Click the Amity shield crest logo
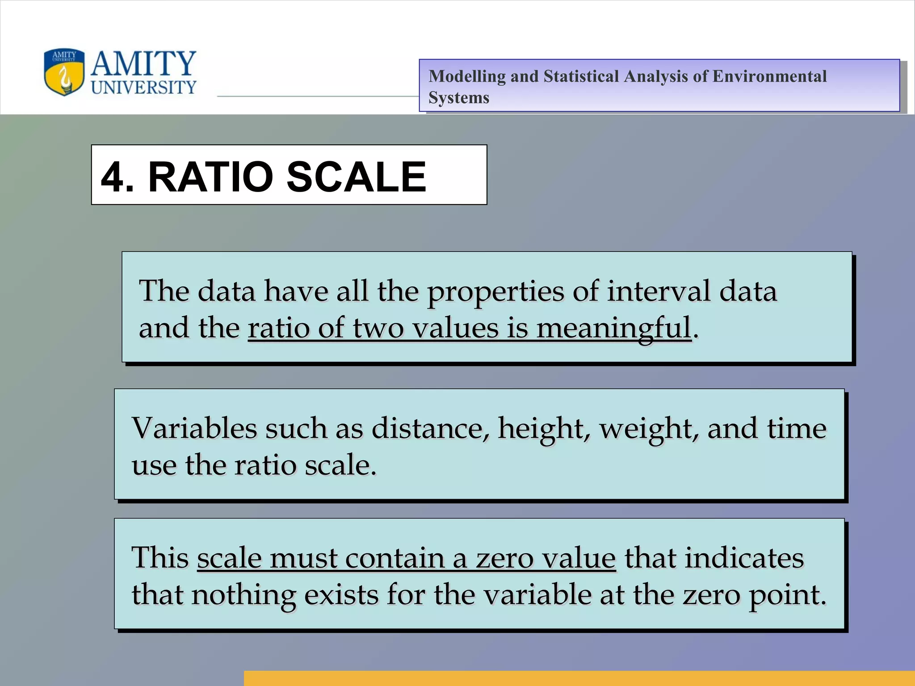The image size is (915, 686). [64, 72]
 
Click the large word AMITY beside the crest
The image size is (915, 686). [143, 63]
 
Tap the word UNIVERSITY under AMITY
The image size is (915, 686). [143, 87]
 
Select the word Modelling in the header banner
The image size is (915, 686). [467, 76]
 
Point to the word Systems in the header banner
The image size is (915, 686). [459, 98]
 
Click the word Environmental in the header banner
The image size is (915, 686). [769, 76]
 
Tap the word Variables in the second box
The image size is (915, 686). [194, 428]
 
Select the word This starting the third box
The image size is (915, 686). [160, 558]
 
